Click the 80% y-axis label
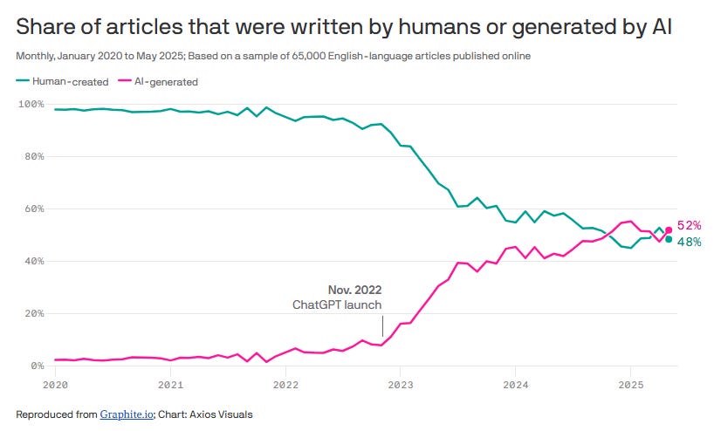click(x=32, y=157)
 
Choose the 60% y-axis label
click(x=32, y=209)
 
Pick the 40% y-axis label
click(x=32, y=262)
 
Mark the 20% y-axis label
click(x=32, y=314)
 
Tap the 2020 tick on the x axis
click(x=55, y=384)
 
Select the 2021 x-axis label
click(x=170, y=384)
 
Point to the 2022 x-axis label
click(x=285, y=384)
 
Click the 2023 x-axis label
click(x=401, y=384)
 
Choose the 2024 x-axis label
click(x=516, y=384)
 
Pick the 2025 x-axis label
click(x=631, y=384)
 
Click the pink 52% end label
click(x=690, y=226)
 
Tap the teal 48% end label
click(x=690, y=242)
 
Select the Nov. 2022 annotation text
click(x=354, y=290)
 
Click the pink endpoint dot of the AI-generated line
click(x=669, y=230)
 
